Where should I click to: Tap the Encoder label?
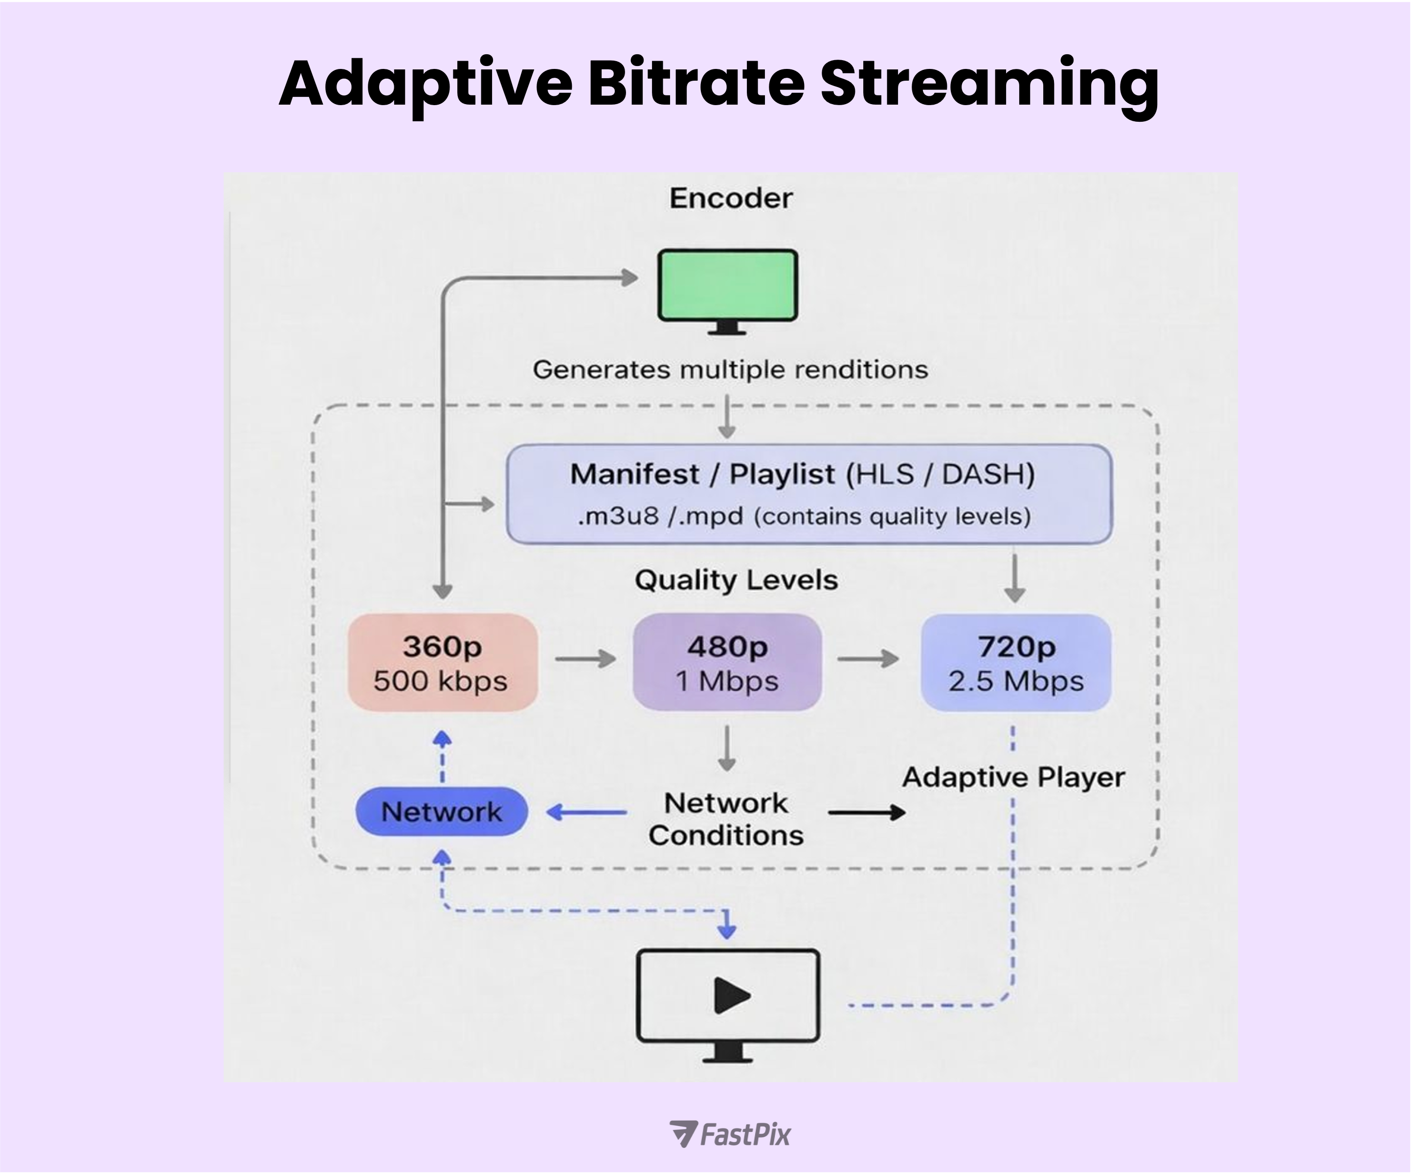[x=731, y=199]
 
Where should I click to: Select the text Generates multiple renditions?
[x=730, y=370]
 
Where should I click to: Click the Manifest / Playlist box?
[x=809, y=494]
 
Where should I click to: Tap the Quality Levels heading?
[x=736, y=579]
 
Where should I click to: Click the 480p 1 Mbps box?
[x=727, y=663]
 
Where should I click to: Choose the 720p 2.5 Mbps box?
[x=1015, y=663]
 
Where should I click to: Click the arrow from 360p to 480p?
[x=585, y=659]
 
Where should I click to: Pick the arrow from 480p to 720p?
[x=867, y=659]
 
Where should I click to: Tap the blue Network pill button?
[x=442, y=812]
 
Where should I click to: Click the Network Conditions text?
[x=726, y=819]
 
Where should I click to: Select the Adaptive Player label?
[x=1013, y=777]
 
